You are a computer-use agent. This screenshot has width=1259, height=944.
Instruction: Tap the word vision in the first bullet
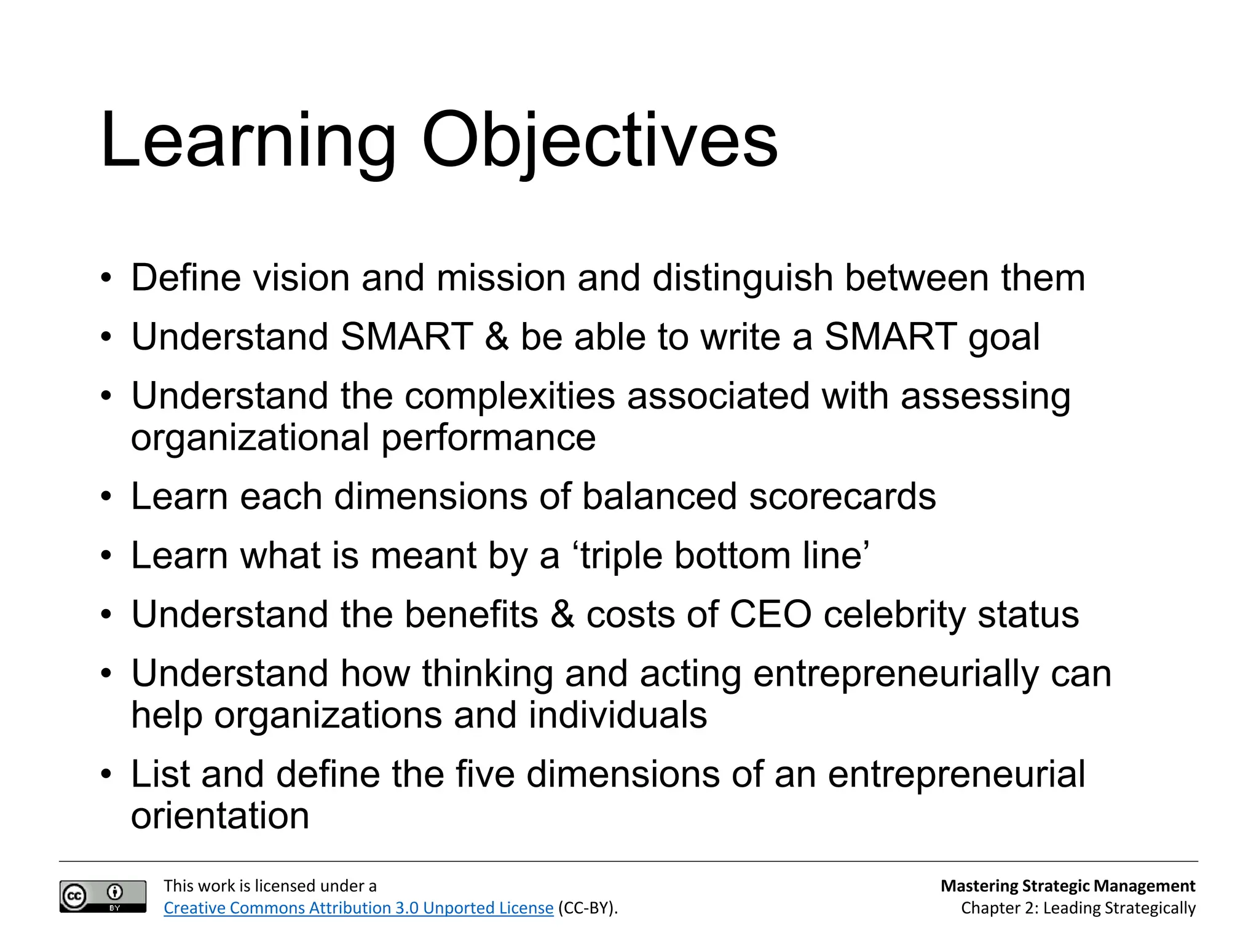point(301,278)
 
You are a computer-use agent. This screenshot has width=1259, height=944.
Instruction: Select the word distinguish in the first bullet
point(742,278)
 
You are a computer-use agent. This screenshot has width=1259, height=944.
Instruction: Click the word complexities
point(510,396)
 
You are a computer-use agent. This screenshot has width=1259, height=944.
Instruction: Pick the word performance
point(488,438)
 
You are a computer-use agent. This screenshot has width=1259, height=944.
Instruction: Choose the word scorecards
point(842,497)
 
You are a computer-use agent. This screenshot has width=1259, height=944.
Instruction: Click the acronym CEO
point(770,615)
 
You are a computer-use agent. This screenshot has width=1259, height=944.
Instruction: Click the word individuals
point(617,716)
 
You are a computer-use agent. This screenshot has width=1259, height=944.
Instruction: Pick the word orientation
point(220,816)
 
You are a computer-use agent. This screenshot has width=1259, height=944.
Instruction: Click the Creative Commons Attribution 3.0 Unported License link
point(358,908)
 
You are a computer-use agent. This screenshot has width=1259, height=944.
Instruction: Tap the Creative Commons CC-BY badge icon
point(103,896)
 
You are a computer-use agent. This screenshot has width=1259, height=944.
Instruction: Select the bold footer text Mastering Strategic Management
point(1068,886)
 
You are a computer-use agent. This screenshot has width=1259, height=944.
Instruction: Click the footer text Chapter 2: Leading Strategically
point(1078,908)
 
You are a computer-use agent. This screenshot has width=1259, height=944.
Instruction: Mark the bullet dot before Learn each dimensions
point(107,497)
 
